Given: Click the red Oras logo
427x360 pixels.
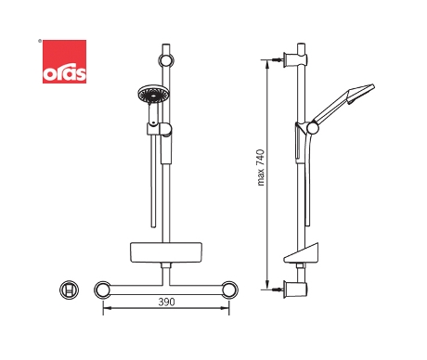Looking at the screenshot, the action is pos(64,61).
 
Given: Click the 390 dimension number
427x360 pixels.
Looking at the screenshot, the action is pos(166,302).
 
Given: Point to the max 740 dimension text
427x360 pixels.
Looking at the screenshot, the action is pos(261,167).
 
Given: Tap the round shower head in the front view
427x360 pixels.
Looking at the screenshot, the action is pos(153,95).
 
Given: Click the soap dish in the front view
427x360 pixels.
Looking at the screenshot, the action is pos(166,252).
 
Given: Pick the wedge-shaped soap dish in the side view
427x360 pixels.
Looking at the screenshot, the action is pos(301,253).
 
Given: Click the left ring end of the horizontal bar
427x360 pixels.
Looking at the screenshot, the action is pos(103,289).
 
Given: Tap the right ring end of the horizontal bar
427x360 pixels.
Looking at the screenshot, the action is pos(229,289).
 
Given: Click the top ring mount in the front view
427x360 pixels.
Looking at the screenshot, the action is pos(166,60).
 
